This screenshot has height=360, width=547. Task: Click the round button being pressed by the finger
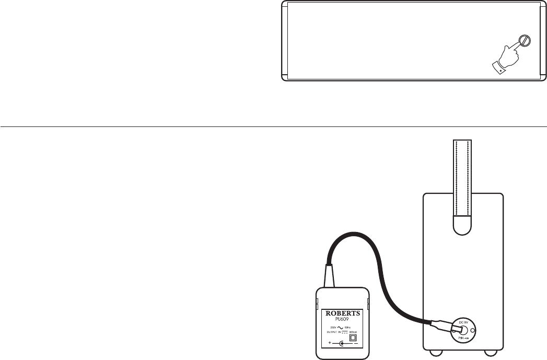tap(525, 41)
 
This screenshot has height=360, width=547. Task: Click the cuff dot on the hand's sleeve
tap(501, 68)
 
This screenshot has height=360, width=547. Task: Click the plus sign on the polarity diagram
tap(330, 343)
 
